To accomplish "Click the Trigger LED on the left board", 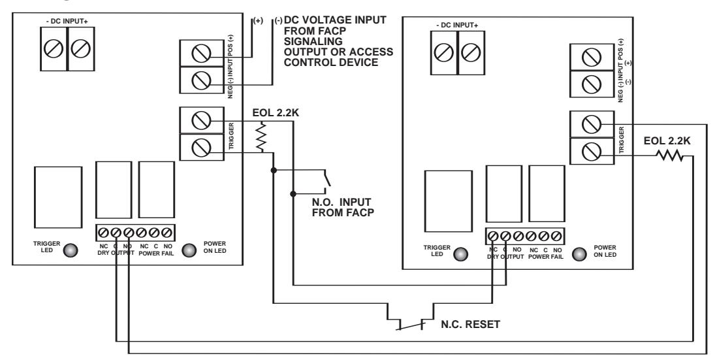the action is click(71, 250).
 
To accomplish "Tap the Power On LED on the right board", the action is click(579, 254).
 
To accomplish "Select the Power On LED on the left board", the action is click(189, 250).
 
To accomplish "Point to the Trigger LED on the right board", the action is click(461, 254).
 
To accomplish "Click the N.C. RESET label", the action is click(470, 325).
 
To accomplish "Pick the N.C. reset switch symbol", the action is click(411, 325).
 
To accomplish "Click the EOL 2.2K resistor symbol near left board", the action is click(261, 139).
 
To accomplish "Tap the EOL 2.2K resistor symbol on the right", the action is click(669, 157).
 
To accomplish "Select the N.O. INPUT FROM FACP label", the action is click(343, 207).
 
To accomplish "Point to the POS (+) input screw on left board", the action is click(201, 54).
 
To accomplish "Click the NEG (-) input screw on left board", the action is click(201, 81).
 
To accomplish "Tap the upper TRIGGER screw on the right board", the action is click(592, 124).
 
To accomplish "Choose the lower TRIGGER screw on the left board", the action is click(201, 148).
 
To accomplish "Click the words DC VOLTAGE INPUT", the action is click(335, 20).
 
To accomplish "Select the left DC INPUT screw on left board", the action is click(54, 48).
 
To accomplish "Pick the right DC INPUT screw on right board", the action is click(471, 52).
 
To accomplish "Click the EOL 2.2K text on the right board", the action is click(667, 141).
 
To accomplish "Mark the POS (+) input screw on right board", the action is click(592, 57).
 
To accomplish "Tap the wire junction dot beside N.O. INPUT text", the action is click(293, 194).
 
